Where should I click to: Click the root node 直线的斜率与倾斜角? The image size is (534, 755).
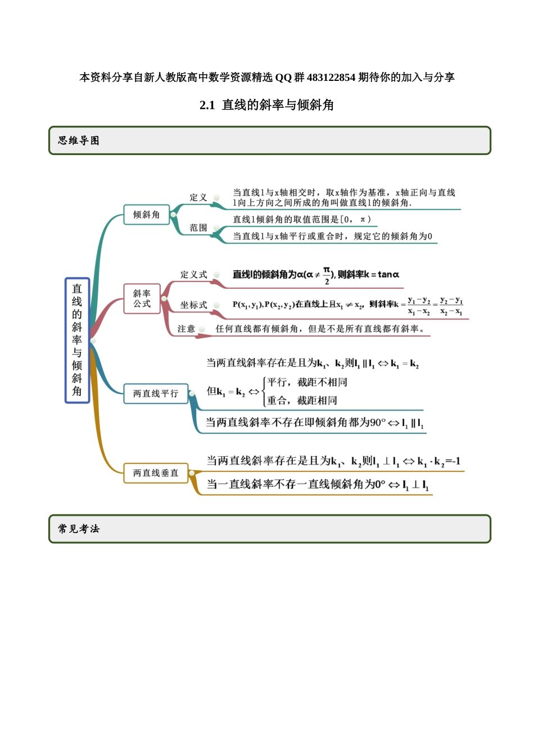[x=77, y=340]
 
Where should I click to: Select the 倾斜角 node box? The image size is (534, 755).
[x=146, y=215]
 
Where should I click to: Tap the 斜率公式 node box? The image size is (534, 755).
[x=142, y=299]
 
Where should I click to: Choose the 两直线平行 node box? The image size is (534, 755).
[x=156, y=393]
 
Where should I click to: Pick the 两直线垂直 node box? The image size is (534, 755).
[x=156, y=473]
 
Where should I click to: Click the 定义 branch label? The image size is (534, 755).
[x=198, y=197]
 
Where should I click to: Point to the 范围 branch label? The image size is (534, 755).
[x=198, y=228]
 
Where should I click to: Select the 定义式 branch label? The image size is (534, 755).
[x=193, y=274]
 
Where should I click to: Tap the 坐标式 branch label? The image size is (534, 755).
[x=193, y=304]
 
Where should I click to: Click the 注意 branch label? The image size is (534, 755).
[x=186, y=329]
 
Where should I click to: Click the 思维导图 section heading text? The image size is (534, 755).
[x=79, y=140]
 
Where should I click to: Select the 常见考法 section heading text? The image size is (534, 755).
[x=79, y=529]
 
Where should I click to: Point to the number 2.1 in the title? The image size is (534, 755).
[x=207, y=105]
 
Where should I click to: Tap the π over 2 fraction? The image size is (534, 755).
[x=327, y=276]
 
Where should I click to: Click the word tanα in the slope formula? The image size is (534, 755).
[x=388, y=274]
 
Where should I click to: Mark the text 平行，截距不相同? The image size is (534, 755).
[x=307, y=382]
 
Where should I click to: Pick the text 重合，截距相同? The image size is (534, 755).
[x=302, y=400]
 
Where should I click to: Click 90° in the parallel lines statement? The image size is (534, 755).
[x=378, y=422]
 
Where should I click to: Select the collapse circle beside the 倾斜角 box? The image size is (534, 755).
[x=173, y=215]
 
